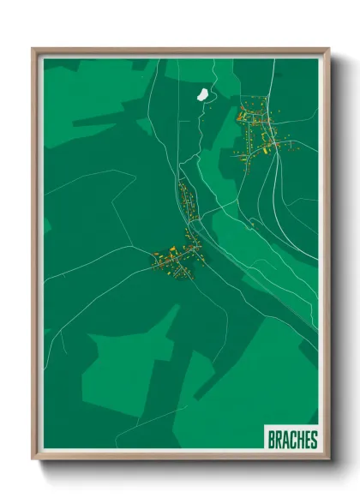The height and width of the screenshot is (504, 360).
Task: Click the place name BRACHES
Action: tap(292, 440)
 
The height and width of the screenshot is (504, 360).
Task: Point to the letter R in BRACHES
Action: tap(279, 440)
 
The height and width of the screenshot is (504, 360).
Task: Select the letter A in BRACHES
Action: tap(285, 440)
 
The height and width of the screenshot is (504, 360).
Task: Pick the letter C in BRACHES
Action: tap(292, 440)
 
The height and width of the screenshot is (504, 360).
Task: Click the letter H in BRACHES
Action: tap(300, 440)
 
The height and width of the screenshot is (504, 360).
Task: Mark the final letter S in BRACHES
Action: tap(314, 440)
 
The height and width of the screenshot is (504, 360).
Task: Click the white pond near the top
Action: tap(204, 93)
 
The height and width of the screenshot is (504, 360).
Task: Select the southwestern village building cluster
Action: tap(178, 260)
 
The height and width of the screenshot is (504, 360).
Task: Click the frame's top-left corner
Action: tap(33, 49)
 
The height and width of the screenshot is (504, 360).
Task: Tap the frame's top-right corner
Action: tap(328, 49)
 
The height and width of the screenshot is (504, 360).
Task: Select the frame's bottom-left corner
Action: tap(33, 459)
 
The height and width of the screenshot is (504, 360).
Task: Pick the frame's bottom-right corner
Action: tap(328, 459)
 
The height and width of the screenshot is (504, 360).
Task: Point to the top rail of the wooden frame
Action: tap(180, 50)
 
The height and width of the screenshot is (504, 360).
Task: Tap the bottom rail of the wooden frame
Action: tap(180, 458)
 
